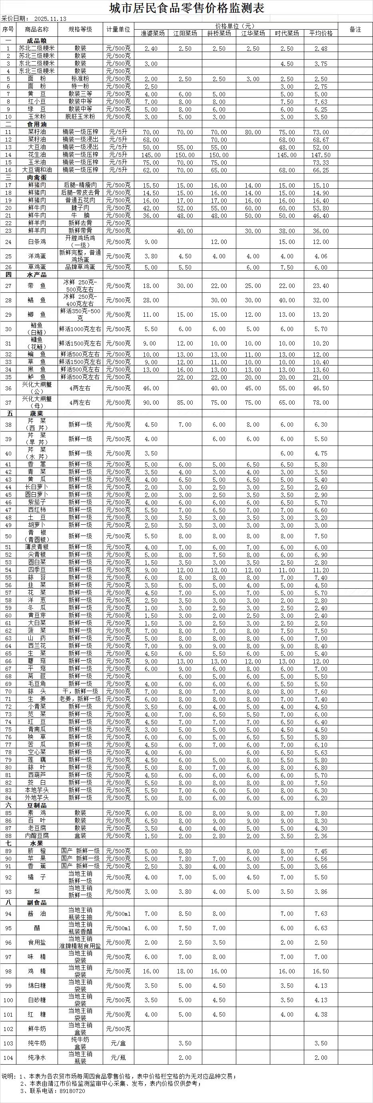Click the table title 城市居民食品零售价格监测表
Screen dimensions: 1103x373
pos(186,8)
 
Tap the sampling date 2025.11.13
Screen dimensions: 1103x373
pos(50,19)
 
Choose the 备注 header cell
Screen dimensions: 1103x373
pos(355,30)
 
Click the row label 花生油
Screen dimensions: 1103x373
pos(37,155)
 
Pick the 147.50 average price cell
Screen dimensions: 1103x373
pos(321,155)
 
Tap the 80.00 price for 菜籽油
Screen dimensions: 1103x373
pos(253,132)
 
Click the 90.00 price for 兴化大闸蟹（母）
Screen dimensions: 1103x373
pos(151,402)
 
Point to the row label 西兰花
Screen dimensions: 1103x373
pos(37,646)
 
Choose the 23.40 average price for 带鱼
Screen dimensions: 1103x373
pos(321,286)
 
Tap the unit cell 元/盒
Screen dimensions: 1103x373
pos(118,1043)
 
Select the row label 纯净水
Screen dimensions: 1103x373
pos(37,1058)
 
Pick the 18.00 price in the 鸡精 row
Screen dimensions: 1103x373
pos(185,971)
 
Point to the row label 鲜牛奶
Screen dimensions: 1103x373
pos(37,1029)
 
